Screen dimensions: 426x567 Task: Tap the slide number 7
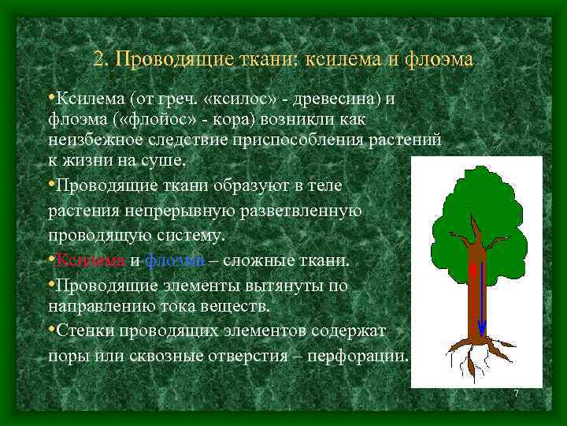[x=516, y=394]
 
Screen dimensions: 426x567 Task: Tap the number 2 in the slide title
[x=98, y=59]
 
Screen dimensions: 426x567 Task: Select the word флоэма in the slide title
[x=436, y=59]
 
